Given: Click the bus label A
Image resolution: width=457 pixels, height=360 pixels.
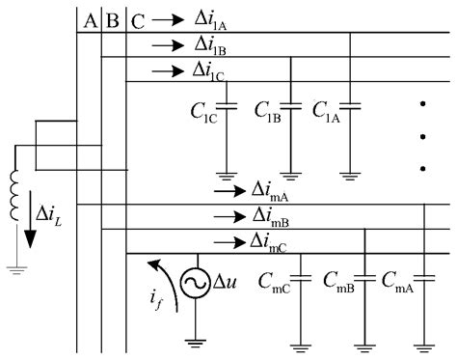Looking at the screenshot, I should pos(90,20).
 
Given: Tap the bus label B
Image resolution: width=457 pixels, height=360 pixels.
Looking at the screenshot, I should pos(114,20).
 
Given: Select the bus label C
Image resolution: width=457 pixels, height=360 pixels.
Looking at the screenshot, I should pos(138,20).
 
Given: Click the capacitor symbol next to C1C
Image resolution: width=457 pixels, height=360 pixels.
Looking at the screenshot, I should pos(228,105).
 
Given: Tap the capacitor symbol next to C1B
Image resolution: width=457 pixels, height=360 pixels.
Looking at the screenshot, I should pos(290,105).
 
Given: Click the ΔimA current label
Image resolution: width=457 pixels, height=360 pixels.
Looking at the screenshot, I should pos(273,190).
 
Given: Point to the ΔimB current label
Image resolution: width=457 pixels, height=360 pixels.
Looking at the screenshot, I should pos(273,215).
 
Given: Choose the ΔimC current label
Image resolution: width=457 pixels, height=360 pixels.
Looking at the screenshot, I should pos(273,240).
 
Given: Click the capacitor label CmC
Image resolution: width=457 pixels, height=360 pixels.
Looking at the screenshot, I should pos(275,283).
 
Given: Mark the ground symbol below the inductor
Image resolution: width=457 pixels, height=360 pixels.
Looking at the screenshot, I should pos(15,269).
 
